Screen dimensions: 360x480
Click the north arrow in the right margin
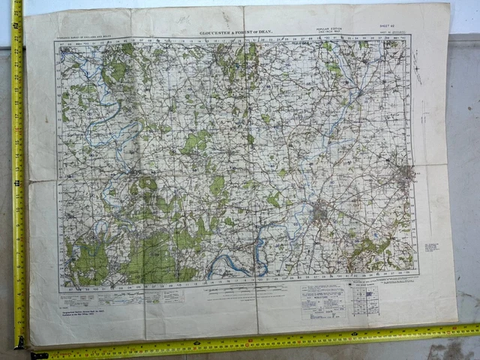tap(417, 73)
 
